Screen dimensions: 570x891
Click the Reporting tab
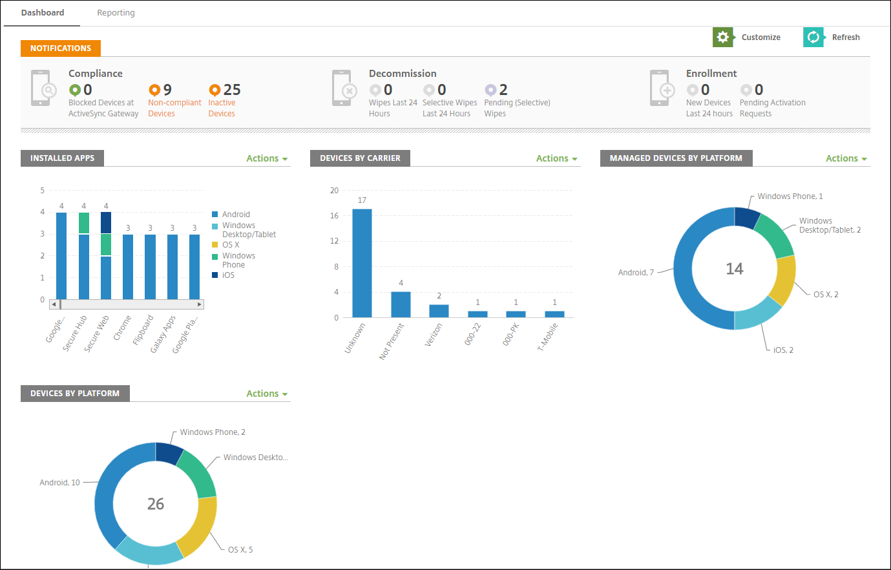tap(116, 13)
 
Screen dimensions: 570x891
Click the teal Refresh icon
tap(813, 37)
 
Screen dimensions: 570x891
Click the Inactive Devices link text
tap(222, 108)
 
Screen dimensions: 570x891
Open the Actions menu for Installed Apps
tap(266, 158)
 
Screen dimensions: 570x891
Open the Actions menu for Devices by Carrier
tap(556, 158)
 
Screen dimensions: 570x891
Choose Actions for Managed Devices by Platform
tap(846, 158)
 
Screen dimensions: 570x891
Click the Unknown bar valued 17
tap(362, 263)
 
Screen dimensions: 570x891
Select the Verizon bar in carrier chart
tap(439, 310)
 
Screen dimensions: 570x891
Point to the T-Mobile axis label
tap(548, 337)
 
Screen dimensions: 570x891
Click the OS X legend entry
tap(231, 245)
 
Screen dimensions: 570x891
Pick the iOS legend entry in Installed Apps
tap(228, 275)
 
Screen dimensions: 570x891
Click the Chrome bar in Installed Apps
tap(128, 266)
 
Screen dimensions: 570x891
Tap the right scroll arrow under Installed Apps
tap(200, 304)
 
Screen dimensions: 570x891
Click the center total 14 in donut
tap(735, 269)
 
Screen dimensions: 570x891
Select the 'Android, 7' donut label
tap(636, 273)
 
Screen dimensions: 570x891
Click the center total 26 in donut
tap(156, 504)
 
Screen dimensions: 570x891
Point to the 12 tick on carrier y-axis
tap(334, 241)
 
